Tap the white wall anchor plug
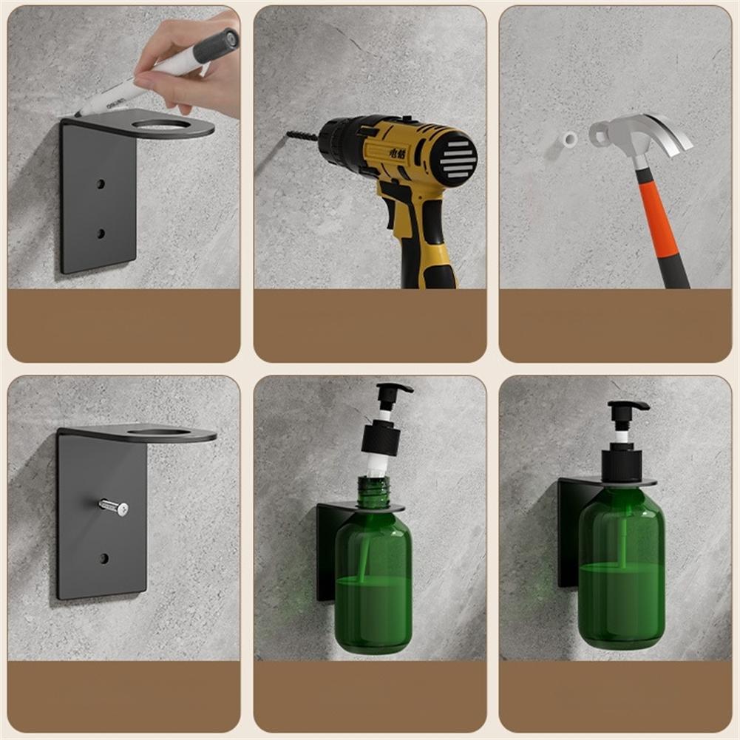point(569,139)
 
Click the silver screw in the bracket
point(115,506)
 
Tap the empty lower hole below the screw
point(104,557)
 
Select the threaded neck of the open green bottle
point(373,492)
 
